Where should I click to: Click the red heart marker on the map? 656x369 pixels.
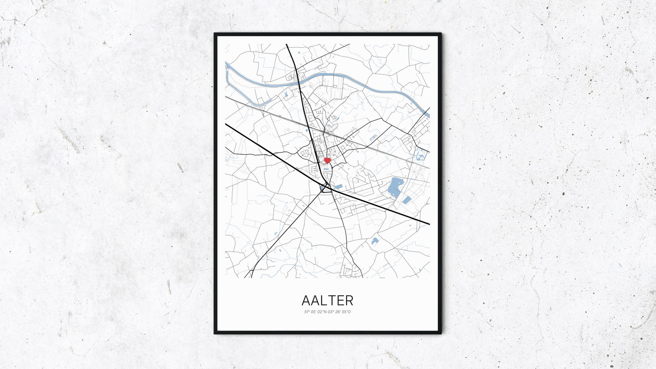pyautogui.click(x=327, y=160)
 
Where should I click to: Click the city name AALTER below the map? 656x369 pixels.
pyautogui.click(x=327, y=300)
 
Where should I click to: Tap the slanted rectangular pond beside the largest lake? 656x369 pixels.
pyautogui.click(x=407, y=200)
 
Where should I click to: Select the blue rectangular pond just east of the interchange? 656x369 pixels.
pyautogui.click(x=338, y=187)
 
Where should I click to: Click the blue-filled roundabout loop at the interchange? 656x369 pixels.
pyautogui.click(x=323, y=188)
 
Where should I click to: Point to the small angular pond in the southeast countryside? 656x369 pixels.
pyautogui.click(x=375, y=241)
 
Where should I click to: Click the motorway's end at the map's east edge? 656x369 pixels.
pyautogui.click(x=429, y=224)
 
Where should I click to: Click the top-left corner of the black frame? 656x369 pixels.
pyautogui.click(x=215, y=34)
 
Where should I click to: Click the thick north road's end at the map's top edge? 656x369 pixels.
pyautogui.click(x=287, y=45)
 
